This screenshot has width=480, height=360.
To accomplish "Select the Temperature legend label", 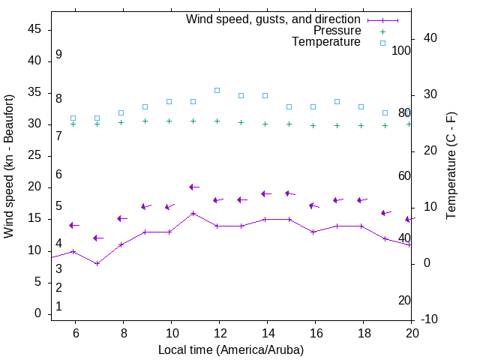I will [326, 42].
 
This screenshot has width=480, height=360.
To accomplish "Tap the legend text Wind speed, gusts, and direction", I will [273, 19].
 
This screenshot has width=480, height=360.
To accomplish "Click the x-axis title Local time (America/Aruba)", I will [231, 349].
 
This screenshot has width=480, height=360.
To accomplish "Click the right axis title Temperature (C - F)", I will [451, 166].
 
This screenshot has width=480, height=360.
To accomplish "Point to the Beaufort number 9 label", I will [58, 55].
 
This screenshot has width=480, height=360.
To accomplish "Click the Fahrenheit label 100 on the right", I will [401, 50].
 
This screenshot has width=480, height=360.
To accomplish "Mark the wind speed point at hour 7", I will [97, 263].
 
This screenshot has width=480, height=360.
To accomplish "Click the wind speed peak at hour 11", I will [193, 213].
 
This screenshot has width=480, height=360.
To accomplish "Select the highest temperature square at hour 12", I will [217, 90].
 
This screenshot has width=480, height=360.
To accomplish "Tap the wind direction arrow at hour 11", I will [193, 187].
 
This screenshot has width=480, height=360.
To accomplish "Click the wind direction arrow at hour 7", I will [97, 238].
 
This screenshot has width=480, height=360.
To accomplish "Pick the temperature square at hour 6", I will [73, 118].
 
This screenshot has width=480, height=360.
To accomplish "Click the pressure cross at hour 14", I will [265, 124].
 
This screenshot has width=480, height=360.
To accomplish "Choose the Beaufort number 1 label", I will [58, 307].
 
